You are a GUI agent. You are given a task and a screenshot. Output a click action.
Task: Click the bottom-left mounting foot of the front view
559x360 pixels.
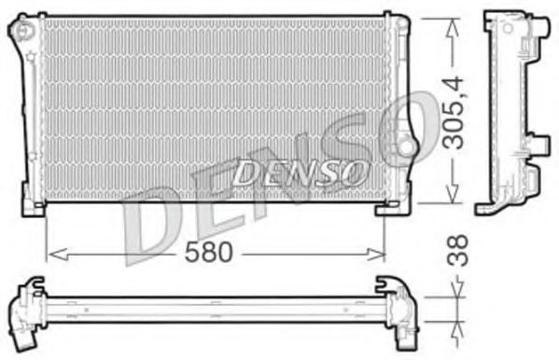point(34,207)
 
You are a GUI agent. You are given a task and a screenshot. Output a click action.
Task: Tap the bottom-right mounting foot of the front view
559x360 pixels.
point(391,207)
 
